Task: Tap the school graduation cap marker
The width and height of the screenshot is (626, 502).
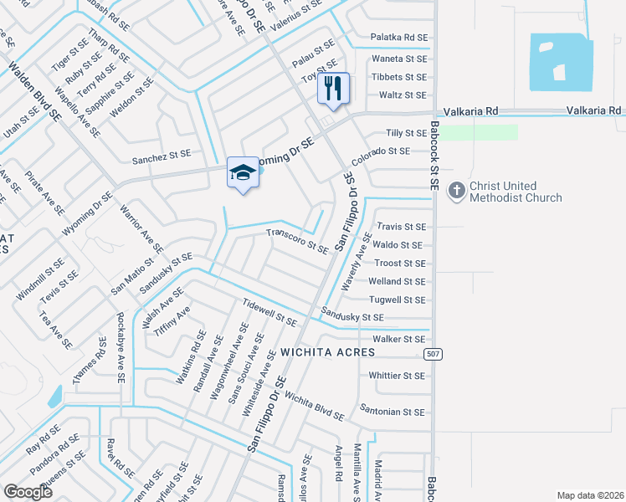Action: click(243, 172)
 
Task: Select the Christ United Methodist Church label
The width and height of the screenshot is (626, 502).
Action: click(516, 192)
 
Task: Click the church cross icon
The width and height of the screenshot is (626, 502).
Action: click(457, 191)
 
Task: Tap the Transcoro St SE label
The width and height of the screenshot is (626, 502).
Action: click(296, 241)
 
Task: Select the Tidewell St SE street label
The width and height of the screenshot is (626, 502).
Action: click(269, 312)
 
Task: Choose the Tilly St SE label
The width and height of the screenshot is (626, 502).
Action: click(406, 133)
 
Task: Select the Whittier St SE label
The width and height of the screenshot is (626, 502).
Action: click(398, 376)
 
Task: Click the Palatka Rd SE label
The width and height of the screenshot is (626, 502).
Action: click(398, 37)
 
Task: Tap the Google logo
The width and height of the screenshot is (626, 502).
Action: click(28, 492)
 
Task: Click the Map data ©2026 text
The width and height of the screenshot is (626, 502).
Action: click(589, 495)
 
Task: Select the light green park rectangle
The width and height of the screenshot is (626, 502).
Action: click(478, 132)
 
